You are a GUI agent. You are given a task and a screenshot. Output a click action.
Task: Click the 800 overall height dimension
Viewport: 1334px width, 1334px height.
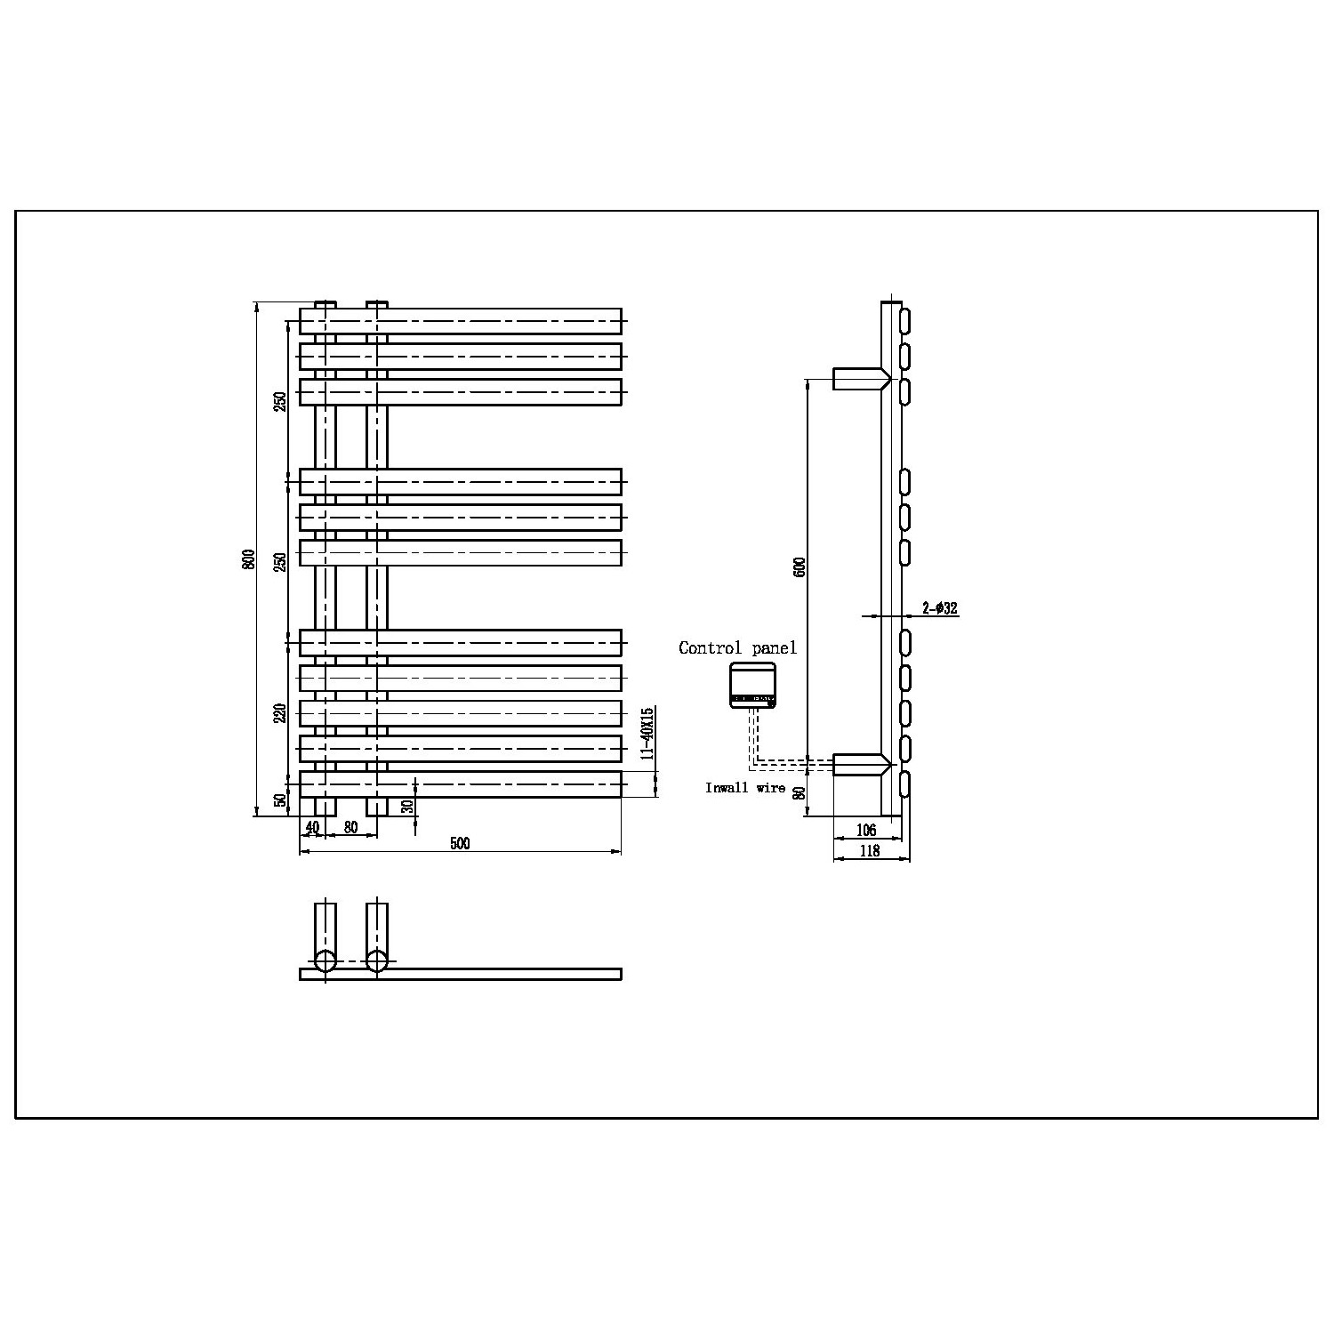pyautogui.click(x=250, y=559)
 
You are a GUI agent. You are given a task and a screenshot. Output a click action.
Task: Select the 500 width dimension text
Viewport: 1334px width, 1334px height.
pyautogui.click(x=460, y=843)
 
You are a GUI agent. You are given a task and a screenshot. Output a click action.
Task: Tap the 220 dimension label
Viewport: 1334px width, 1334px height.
pyautogui.click(x=280, y=713)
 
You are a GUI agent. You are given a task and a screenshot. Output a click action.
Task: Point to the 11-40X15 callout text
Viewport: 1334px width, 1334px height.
pyautogui.click(x=648, y=733)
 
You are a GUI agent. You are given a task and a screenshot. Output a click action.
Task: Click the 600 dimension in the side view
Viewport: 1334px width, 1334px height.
pyautogui.click(x=800, y=567)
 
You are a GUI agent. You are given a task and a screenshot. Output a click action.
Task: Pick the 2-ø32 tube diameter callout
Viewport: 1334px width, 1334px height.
pyautogui.click(x=939, y=608)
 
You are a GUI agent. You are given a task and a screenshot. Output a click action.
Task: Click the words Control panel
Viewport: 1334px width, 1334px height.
pyautogui.click(x=737, y=647)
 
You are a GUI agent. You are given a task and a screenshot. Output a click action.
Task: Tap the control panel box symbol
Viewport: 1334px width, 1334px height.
pyautogui.click(x=752, y=686)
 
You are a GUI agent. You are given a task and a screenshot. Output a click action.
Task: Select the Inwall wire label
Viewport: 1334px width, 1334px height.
pyautogui.click(x=745, y=788)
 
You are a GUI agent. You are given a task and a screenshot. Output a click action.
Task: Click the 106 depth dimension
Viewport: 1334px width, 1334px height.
pyautogui.click(x=865, y=830)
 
